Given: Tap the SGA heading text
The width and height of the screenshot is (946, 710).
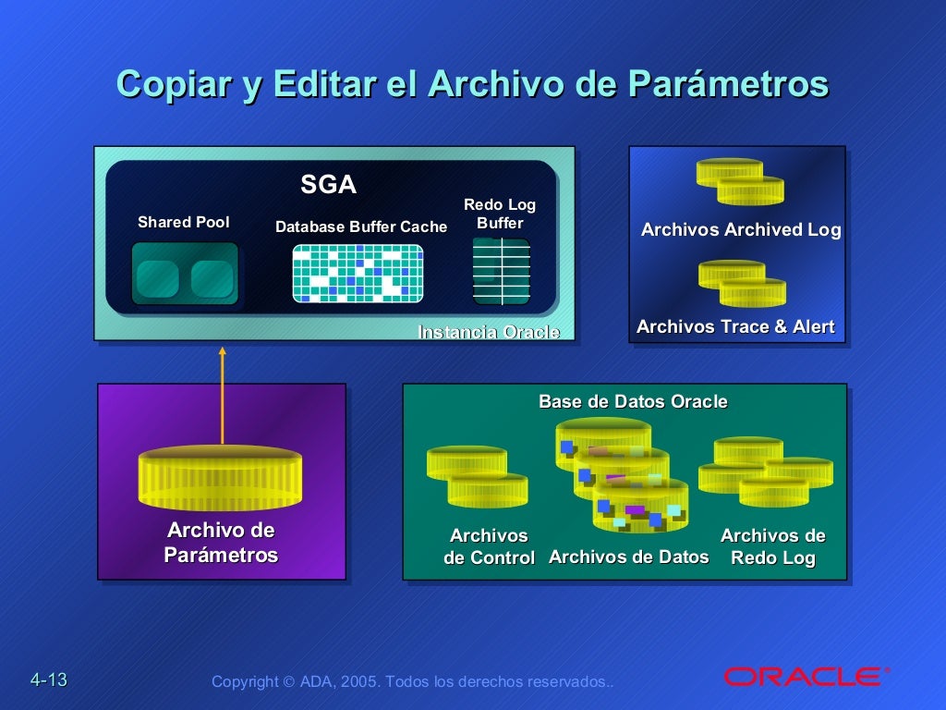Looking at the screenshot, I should click(328, 185).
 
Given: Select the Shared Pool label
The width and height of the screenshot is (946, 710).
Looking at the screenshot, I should click(184, 222).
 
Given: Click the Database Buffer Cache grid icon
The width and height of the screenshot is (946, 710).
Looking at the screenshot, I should click(358, 274).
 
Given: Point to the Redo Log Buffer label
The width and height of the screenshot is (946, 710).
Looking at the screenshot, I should click(500, 214).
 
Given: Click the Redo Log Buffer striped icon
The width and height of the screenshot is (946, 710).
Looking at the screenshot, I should click(501, 272).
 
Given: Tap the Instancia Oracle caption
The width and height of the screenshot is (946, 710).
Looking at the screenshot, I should click(489, 332).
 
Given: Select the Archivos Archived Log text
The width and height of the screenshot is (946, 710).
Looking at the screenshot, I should click(741, 230).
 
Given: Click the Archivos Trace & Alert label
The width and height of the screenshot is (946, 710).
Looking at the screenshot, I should click(735, 326).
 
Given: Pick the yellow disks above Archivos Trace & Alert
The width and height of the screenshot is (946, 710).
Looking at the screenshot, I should click(743, 283).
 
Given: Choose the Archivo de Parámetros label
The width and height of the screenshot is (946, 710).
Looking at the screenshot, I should click(221, 543).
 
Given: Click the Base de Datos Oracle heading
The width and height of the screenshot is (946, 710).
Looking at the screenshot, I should click(633, 402).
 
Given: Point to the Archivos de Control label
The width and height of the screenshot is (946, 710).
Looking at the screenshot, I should click(489, 546).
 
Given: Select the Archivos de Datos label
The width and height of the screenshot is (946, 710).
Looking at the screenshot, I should click(628, 557).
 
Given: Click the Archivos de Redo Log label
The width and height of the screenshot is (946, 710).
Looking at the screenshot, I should click(773, 546).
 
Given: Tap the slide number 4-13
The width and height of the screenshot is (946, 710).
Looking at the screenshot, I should click(49, 680).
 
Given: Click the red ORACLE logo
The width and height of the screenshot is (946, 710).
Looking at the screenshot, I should click(802, 677).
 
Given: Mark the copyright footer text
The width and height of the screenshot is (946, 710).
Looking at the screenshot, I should click(412, 681).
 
